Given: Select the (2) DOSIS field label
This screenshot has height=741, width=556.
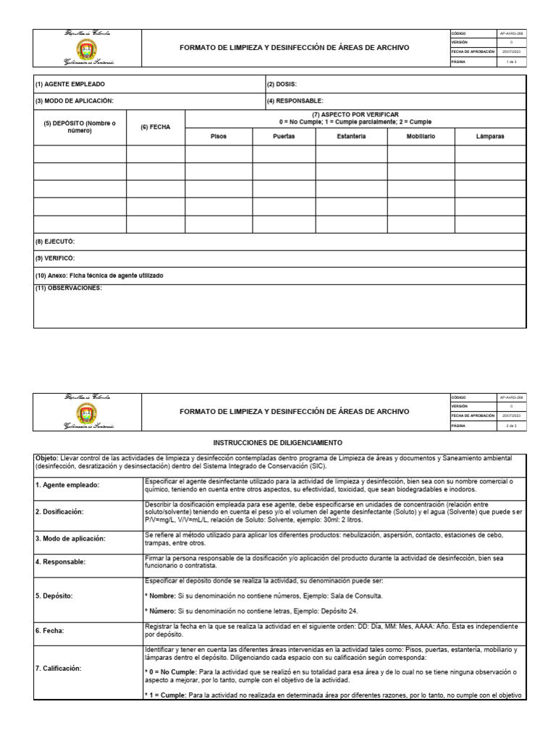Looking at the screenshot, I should tap(282, 84).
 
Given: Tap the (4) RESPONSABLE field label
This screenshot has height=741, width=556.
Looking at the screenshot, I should tap(295, 101).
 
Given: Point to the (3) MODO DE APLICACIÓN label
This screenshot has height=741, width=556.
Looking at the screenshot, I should tap(75, 101).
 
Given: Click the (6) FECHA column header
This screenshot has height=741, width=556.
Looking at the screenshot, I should tap(156, 127).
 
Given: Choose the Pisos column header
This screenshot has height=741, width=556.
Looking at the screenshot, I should tap(219, 136).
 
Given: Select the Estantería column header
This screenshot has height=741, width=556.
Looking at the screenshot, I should tap(350, 136).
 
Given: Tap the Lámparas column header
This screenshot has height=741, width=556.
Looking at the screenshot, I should tap(490, 136).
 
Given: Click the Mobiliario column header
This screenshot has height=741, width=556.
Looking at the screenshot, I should tap(421, 136).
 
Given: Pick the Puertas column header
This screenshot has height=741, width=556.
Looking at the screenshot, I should tap(284, 136).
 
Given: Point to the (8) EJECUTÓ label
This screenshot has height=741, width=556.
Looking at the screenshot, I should tap(55, 241).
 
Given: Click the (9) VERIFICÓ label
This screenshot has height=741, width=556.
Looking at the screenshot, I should tap(55, 258).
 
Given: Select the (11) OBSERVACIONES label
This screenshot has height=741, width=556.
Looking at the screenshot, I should tap(69, 289).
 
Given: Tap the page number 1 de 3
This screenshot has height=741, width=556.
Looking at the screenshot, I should tap(510, 62).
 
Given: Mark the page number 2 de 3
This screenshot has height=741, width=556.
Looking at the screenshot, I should tap(510, 427).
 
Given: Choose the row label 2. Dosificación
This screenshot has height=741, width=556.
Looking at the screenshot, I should tap(60, 512).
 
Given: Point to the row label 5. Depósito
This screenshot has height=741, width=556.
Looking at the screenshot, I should tap(53, 596).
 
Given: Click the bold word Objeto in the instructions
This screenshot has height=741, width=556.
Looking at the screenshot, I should tap(47, 458).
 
